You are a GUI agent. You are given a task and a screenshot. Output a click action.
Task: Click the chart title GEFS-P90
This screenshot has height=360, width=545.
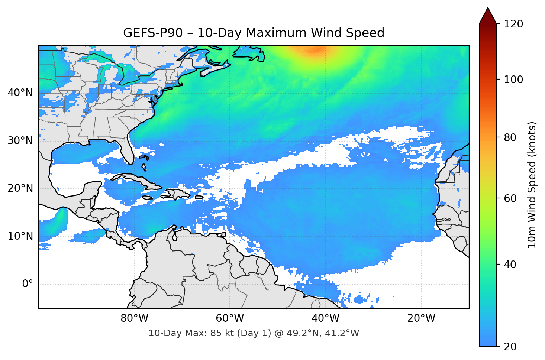point(254,33)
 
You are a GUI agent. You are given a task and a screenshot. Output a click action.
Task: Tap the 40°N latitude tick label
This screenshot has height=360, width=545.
point(20,93)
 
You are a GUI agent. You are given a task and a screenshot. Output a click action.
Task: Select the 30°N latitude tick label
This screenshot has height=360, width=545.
point(20,141)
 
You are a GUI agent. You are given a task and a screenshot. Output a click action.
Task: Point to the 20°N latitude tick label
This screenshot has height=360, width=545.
point(20,188)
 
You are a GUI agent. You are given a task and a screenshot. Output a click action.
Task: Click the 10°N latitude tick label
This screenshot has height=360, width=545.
point(20,236)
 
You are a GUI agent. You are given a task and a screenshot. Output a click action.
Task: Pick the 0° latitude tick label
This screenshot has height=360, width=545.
point(27,284)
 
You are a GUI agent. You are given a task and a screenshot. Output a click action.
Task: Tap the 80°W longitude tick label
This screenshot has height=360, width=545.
point(134,318)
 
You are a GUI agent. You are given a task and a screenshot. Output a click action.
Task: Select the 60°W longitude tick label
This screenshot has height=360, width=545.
point(230,318)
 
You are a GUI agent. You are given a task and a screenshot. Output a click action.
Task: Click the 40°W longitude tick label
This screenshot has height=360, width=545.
point(325,318)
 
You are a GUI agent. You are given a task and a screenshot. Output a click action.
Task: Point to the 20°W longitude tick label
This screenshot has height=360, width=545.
point(421,318)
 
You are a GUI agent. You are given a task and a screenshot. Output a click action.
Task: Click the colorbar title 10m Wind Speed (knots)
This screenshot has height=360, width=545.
point(532,185)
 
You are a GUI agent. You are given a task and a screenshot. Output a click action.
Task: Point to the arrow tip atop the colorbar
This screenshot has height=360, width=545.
point(488,8)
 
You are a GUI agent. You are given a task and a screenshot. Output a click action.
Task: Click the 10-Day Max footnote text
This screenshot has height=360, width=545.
point(254,333)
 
